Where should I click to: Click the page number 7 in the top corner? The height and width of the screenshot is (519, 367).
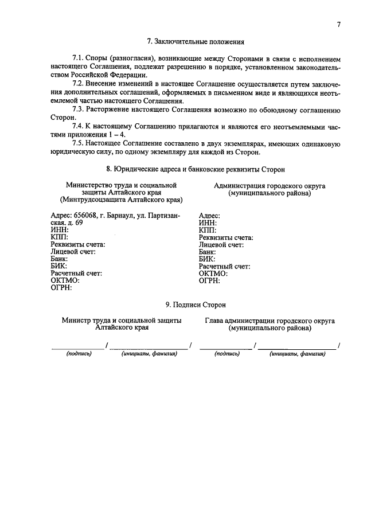(339, 25)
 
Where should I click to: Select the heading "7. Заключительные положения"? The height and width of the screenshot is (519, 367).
(196, 42)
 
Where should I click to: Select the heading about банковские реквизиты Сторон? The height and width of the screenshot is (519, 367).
(196, 169)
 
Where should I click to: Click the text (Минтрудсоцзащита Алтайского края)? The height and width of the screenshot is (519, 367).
(121, 201)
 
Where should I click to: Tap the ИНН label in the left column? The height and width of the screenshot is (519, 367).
(59, 230)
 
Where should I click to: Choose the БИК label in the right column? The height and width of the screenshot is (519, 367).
(208, 259)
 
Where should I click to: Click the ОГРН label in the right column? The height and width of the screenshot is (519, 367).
(209, 280)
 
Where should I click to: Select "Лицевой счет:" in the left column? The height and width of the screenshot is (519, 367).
(73, 251)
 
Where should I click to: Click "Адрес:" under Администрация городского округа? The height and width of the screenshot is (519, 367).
(209, 216)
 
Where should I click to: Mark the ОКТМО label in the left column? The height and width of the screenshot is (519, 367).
(64, 280)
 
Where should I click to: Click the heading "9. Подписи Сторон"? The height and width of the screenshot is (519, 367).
(196, 305)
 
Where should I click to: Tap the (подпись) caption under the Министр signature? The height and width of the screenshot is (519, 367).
(79, 354)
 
